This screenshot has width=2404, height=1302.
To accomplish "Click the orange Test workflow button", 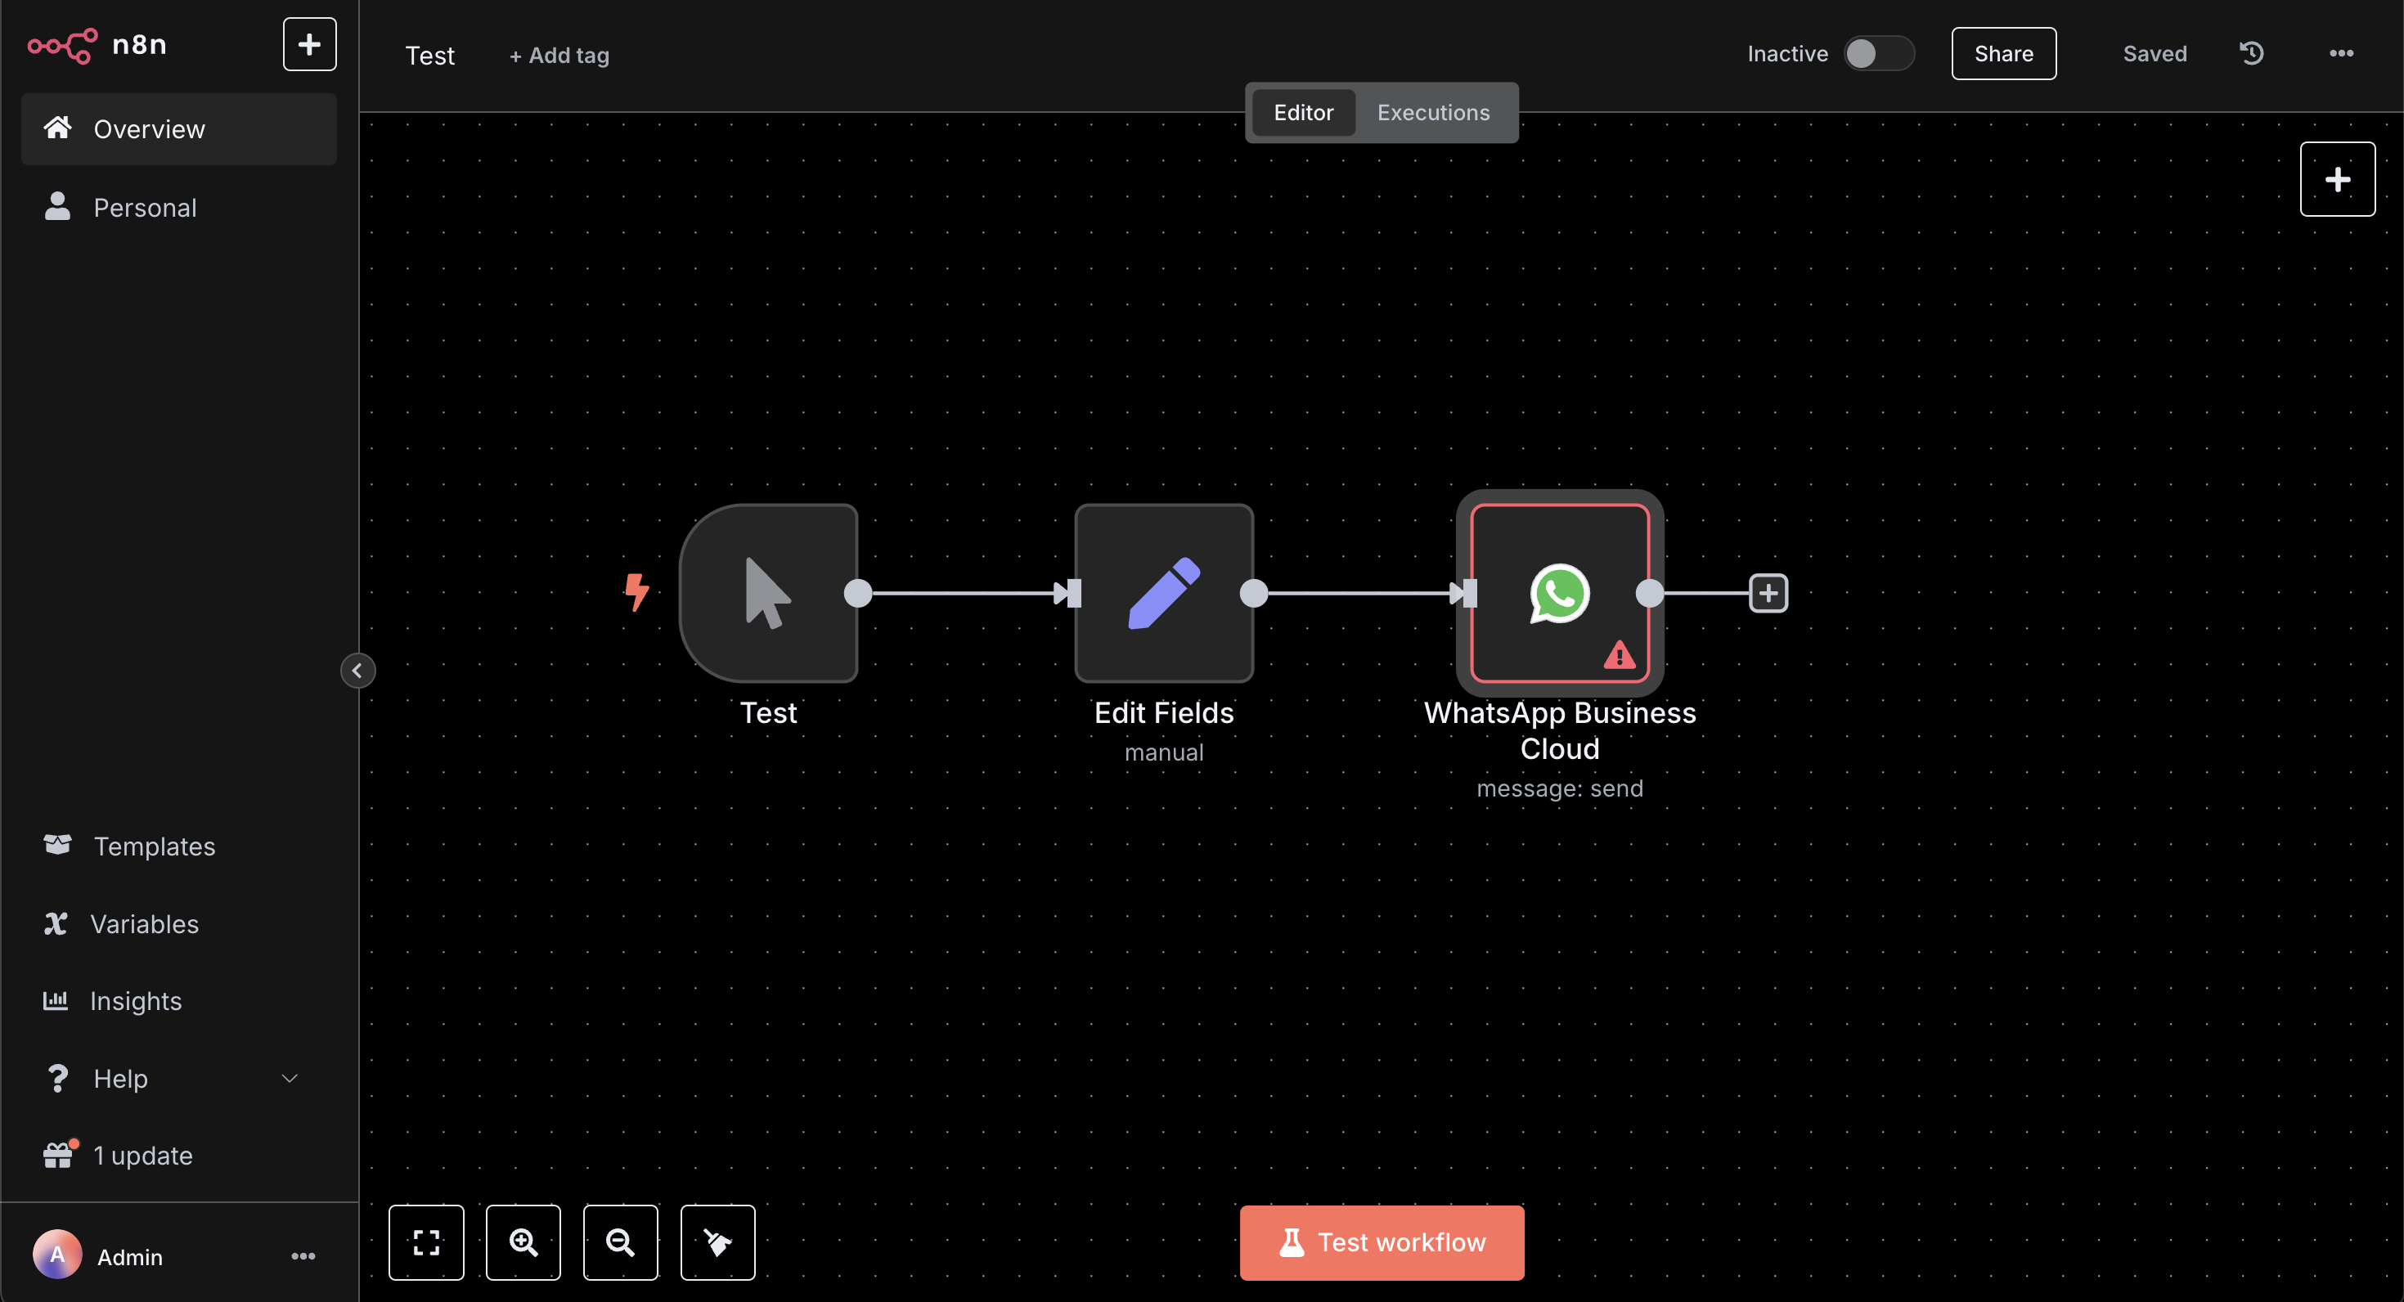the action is point(1382,1242).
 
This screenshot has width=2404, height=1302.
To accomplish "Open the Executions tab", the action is point(1433,113).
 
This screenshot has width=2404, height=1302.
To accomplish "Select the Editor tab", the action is point(1303,113).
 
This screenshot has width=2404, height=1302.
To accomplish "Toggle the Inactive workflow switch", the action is point(1879,53).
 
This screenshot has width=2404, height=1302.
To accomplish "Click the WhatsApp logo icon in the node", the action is point(1559,594).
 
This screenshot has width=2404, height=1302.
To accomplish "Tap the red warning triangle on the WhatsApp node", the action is point(1619,655).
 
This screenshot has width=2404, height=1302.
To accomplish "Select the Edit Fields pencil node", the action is point(1164,594).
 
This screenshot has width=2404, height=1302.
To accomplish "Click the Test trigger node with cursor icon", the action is point(768,594).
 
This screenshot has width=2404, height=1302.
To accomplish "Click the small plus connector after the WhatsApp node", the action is point(1768,594).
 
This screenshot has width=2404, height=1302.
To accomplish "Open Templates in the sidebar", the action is point(154,846).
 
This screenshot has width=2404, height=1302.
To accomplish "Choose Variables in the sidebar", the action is point(145,924).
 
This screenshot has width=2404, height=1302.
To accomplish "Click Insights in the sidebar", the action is point(135,1002).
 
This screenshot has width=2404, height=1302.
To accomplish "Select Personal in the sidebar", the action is point(145,207).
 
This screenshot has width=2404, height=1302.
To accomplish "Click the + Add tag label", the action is point(559,56).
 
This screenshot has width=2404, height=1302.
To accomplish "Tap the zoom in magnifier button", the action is point(523,1242).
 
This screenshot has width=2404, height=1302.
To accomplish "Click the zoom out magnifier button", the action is point(621,1242).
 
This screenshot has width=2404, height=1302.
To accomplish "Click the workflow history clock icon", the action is point(2252,53).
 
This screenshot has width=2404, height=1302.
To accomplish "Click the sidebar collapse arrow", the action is point(357,670).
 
